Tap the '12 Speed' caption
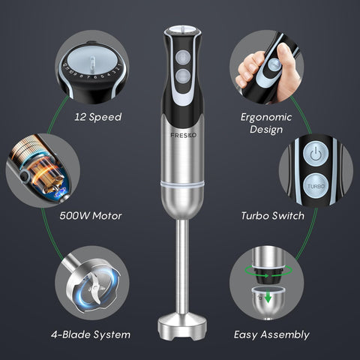coord(98,118)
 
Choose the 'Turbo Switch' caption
coord(272,216)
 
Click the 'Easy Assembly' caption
coord(271,334)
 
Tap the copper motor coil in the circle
coord(42,172)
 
